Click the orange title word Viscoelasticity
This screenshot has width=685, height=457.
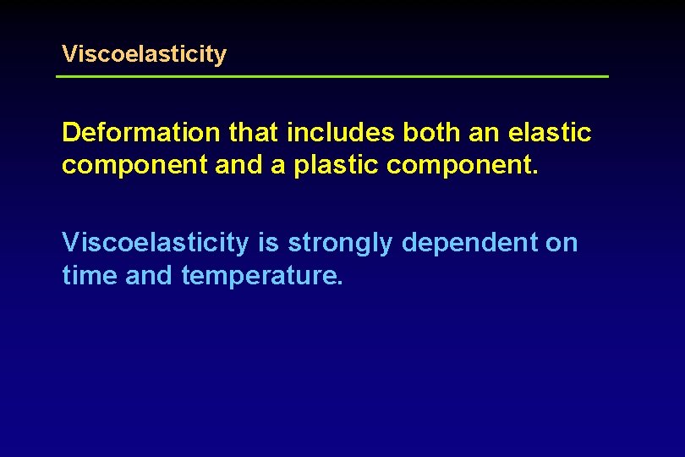[x=144, y=55]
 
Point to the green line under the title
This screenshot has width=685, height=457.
[x=332, y=77]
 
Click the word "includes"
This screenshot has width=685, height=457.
[x=341, y=133]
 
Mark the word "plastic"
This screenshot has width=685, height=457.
[x=334, y=165]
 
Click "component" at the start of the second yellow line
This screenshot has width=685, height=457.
[x=135, y=165]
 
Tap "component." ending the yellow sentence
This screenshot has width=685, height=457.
[x=462, y=165]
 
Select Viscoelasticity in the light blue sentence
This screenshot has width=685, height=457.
[x=156, y=243]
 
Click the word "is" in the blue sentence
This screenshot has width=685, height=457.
[x=268, y=243]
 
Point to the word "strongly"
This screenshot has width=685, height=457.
[x=341, y=244]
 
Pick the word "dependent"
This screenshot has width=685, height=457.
[x=469, y=243]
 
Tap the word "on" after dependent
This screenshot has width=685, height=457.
[x=562, y=244]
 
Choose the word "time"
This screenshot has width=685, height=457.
[x=90, y=275]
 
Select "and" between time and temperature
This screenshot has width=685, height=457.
[x=149, y=275]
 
